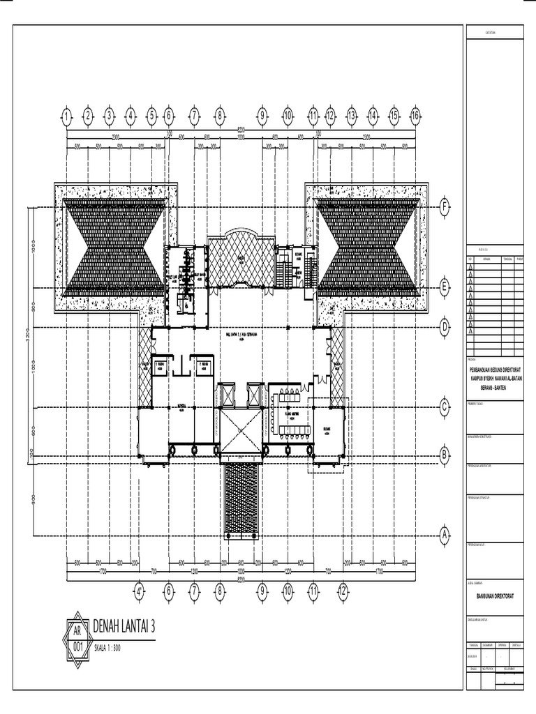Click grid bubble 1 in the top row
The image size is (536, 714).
point(66,116)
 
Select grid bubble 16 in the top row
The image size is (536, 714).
point(415,116)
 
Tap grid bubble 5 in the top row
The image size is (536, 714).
point(151,116)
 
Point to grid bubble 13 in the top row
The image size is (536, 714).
point(352,116)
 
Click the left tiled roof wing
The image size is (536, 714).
point(115,246)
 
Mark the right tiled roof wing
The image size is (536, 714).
point(367,246)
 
